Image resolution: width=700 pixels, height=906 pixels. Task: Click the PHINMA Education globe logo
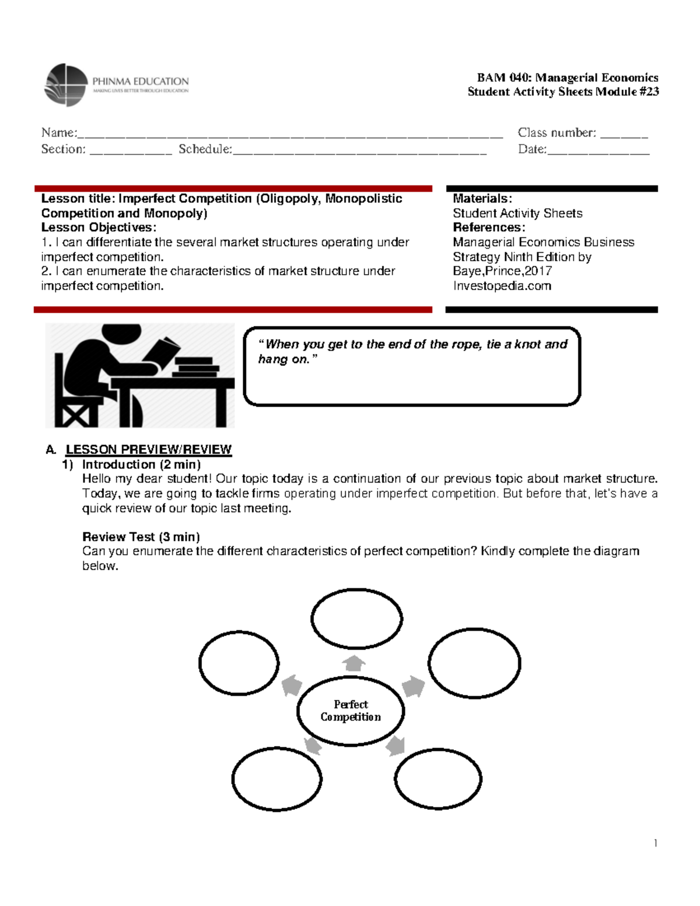(66, 85)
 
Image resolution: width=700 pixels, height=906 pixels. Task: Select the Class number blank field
(624, 135)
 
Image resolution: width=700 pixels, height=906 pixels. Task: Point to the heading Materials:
(482, 199)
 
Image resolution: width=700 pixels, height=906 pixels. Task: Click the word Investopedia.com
(502, 286)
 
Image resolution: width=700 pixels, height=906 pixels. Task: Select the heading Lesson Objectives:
(99, 228)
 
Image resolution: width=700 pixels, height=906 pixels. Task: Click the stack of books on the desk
(195, 366)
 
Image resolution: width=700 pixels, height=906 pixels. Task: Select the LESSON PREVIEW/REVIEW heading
(148, 449)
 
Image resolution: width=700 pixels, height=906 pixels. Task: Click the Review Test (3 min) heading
(141, 537)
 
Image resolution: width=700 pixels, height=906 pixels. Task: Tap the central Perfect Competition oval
(351, 711)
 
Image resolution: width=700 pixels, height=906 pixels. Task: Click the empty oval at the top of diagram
(356, 618)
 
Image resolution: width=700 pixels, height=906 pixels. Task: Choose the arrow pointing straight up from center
(353, 663)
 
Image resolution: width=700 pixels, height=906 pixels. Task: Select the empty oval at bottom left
(276, 779)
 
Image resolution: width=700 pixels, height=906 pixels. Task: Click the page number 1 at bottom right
(656, 842)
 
